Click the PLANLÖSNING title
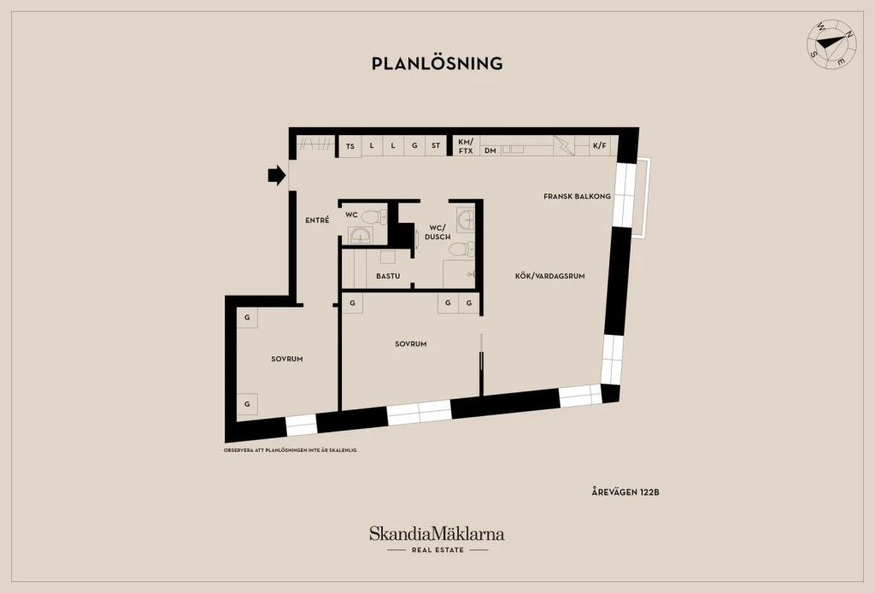[437, 63]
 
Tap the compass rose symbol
[832, 44]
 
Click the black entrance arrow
[277, 175]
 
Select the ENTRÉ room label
[317, 220]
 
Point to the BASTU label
[388, 276]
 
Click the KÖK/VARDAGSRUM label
[549, 276]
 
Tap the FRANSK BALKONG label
[577, 197]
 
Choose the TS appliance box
[350, 146]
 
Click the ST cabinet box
[436, 145]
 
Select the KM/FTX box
[466, 146]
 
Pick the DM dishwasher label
[490, 150]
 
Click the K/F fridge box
[600, 145]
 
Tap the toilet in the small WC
[374, 216]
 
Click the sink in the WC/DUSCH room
[465, 220]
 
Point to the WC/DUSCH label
[437, 232]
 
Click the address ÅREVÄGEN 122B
[625, 492]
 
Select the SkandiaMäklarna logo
[437, 534]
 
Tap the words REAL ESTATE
[438, 550]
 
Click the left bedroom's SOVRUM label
[287, 359]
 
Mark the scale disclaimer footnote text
[291, 450]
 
